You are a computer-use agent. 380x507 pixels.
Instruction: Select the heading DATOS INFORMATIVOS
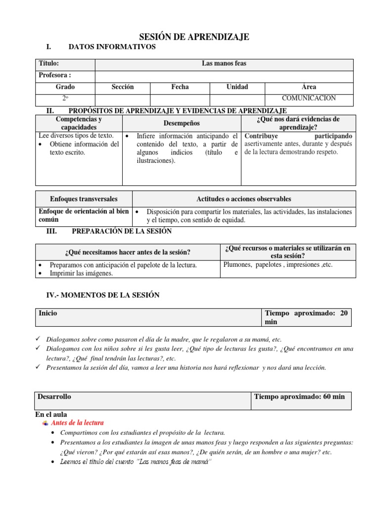coord(112,47)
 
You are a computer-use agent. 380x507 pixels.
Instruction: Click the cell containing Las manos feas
coord(224,64)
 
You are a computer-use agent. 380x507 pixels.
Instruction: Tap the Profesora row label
coord(55,75)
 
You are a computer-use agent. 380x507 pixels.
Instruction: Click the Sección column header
coord(123,87)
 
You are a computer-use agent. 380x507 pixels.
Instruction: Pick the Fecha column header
coord(180,87)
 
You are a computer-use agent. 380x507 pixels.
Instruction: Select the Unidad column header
coord(237,87)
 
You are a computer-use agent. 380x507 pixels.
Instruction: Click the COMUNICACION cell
coord(309,99)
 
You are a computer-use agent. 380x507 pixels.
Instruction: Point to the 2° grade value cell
coord(65,99)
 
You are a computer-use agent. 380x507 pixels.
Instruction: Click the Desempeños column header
coord(182,123)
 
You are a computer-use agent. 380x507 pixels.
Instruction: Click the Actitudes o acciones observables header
coord(244,199)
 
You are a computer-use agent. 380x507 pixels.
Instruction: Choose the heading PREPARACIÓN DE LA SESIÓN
coord(122,231)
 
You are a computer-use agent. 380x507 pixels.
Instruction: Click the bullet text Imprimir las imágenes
coord(81,273)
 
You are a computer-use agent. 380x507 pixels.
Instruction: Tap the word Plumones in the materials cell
coord(237,265)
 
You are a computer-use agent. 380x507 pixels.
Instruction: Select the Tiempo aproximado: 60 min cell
coord(299,397)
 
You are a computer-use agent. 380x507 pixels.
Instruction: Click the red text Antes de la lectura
coord(78,423)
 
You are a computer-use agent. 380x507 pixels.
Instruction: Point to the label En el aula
coord(51,414)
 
